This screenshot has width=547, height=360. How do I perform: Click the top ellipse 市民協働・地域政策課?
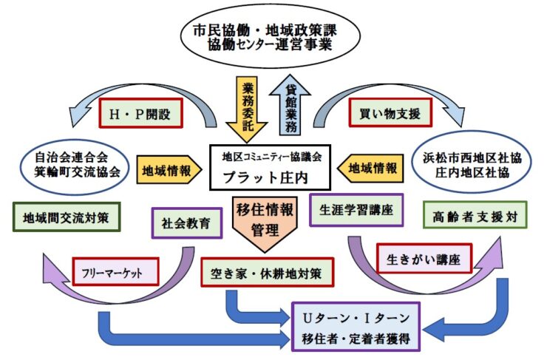coord(271,36)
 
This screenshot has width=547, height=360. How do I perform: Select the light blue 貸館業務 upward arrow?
coord(290,106)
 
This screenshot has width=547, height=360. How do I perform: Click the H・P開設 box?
coord(140,113)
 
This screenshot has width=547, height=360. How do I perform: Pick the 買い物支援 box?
coord(390,112)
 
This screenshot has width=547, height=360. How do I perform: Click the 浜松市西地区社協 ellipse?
coord(472,162)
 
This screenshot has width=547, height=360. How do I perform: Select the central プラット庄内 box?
coord(270,168)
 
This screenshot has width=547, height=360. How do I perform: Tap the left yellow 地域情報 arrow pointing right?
coord(169,170)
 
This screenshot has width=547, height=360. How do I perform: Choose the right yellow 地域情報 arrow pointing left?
coord(370,169)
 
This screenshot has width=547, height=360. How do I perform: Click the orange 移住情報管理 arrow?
coord(265,224)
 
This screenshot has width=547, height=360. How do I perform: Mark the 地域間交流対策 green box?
coord(67,217)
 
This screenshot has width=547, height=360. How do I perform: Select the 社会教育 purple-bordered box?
coord(186,223)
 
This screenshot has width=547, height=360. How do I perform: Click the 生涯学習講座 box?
coord(356,210)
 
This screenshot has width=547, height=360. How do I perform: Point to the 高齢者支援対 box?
coord(475,215)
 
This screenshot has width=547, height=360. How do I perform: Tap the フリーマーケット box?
coord(115,272)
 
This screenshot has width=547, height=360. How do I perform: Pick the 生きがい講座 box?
coord(424,259)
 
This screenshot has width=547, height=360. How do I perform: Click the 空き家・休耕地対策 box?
coord(268,273)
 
